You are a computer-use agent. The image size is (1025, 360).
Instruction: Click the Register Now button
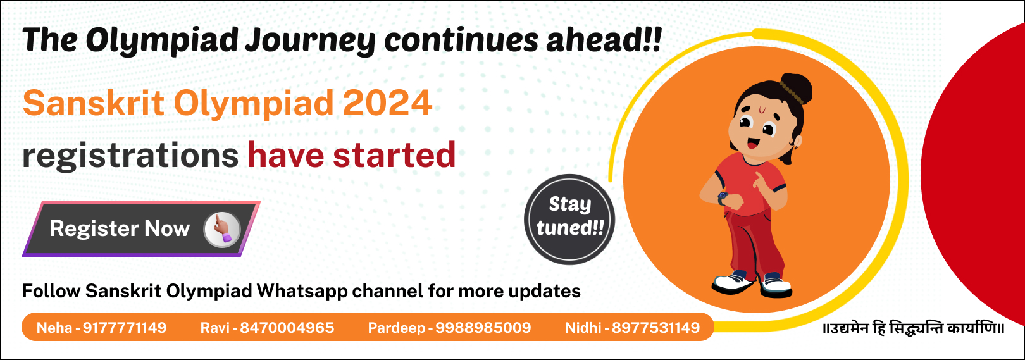coord(141,228)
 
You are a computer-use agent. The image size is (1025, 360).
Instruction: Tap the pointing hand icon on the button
coord(222,229)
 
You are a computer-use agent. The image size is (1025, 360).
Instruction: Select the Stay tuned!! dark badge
coord(569,219)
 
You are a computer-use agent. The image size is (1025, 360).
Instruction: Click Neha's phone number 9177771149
coord(125,328)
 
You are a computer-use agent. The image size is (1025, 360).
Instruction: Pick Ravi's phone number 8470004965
coord(287,328)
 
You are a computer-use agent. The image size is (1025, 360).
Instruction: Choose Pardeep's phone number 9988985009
coord(483,328)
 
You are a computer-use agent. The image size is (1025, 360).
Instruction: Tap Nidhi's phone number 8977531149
coord(655,328)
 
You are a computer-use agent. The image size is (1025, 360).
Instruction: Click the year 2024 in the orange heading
coord(388,103)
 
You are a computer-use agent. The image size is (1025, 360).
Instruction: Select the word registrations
coord(130,156)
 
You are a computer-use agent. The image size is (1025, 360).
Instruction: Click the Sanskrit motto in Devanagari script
coord(914,329)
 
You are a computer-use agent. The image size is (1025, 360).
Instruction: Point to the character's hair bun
coord(796,89)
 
